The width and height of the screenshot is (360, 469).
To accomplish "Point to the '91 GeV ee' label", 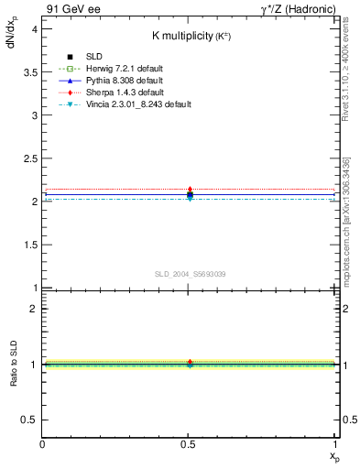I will pos(71,8).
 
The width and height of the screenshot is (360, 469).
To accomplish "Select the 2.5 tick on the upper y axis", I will pos(33,158).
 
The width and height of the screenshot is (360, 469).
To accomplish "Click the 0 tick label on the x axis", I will pos(42,443).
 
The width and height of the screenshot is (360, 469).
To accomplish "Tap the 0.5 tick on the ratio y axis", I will pos(33,420).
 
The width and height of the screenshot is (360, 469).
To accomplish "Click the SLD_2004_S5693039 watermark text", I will pos(190,274).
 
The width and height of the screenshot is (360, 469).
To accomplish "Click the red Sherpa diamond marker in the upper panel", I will pos(190,190).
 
